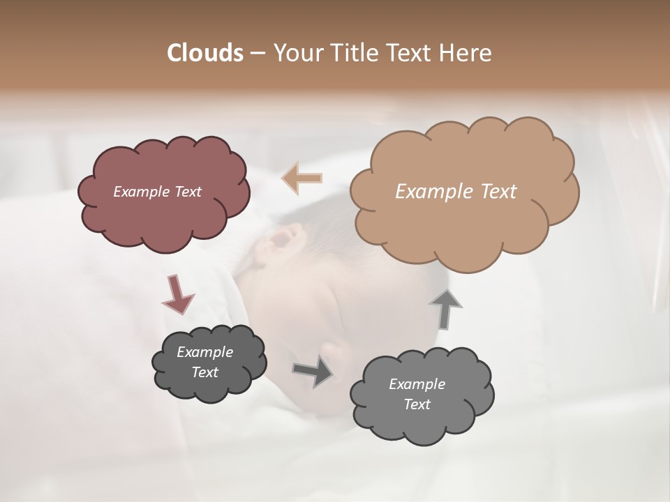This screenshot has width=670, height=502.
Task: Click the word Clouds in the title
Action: coord(204,53)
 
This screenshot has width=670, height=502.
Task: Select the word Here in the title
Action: coord(466,53)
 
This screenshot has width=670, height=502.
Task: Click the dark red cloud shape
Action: coord(163,216)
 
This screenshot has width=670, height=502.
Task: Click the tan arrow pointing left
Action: coord(301,178)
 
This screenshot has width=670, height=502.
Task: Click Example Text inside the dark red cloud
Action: coord(157,192)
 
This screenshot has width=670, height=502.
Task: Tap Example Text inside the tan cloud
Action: coord(456,192)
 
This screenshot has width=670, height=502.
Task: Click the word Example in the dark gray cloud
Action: coord(204,352)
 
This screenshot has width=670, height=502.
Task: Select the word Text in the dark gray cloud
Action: coord(204,372)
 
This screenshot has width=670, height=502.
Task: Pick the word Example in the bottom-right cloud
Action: coord(417,384)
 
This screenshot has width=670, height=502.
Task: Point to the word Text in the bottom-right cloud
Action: coord(417,404)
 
